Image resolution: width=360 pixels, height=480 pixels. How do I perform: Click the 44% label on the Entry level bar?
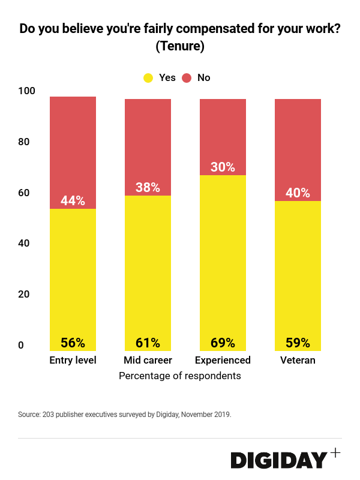(x=73, y=201)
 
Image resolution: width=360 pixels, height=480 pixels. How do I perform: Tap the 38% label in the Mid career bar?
(x=148, y=187)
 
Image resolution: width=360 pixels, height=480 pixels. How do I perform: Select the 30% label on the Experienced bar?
(x=223, y=167)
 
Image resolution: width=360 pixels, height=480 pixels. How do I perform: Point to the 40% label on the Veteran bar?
(x=298, y=193)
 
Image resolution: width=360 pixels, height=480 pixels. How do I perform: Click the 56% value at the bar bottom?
(x=73, y=343)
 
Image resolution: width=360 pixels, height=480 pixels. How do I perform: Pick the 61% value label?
(x=148, y=343)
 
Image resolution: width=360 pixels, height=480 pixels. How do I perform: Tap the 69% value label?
(x=223, y=343)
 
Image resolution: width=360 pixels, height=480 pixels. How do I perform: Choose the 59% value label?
(x=298, y=343)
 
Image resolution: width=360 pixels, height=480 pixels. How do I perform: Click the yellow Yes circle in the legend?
(x=148, y=77)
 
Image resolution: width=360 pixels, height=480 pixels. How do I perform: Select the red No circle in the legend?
(x=187, y=77)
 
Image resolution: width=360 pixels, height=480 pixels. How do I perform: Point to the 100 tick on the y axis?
(x=26, y=91)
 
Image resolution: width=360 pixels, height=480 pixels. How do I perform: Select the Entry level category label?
(x=73, y=361)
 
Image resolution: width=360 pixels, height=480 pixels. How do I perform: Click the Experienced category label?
(x=223, y=361)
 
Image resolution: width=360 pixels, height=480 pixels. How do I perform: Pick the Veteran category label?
(x=298, y=361)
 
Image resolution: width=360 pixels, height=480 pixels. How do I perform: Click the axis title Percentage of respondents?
(x=180, y=376)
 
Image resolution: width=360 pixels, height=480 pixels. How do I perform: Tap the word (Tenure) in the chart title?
(x=180, y=46)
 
